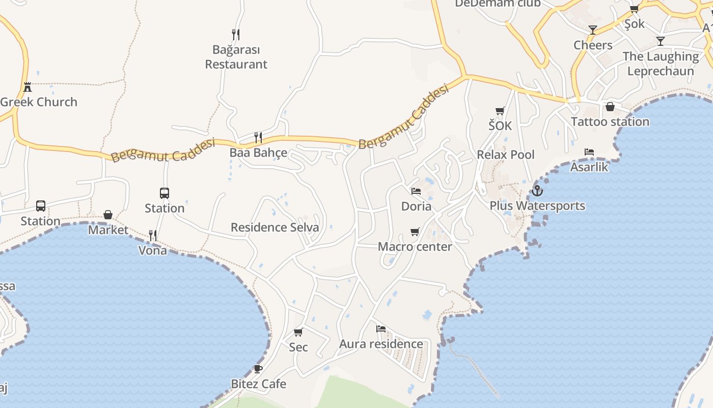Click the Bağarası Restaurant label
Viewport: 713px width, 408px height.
pos(236,57)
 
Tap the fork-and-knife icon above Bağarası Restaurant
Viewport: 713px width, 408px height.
pos(235,35)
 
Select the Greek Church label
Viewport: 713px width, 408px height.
pos(39,101)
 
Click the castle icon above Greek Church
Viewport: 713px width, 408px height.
pos(28,87)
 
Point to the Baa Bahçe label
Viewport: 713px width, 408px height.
pos(258,152)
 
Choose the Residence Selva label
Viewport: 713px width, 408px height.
pos(275,227)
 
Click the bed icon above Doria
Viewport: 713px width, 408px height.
pos(416,191)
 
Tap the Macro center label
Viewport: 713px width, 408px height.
pos(415,247)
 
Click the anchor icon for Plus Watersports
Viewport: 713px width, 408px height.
pos(537,191)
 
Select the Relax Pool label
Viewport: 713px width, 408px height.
pos(506,155)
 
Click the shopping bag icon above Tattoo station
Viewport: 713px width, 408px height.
pos(610,107)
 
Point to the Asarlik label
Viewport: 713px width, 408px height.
pos(589,167)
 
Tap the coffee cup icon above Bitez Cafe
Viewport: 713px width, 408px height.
pos(258,369)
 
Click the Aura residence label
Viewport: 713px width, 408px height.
pos(381,344)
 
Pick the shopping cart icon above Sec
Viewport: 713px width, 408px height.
pos(298,333)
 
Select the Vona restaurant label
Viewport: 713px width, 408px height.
pos(153,250)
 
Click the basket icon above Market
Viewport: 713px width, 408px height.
pos(108,215)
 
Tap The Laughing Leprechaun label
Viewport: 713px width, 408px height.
pos(661,64)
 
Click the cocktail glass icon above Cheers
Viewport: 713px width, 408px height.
pos(593,30)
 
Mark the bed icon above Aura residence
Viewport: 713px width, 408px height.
pos(381,329)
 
